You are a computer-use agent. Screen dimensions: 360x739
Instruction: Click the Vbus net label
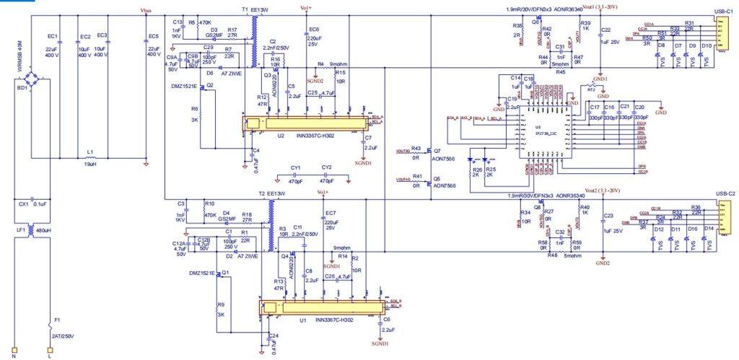(x=147, y=12)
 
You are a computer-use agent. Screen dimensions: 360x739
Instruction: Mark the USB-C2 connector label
(x=724, y=194)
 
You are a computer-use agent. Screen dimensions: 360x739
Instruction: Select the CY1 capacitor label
(x=296, y=167)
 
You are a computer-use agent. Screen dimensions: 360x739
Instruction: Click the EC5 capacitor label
(x=153, y=36)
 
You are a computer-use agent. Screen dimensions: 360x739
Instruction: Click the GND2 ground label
(x=603, y=263)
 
